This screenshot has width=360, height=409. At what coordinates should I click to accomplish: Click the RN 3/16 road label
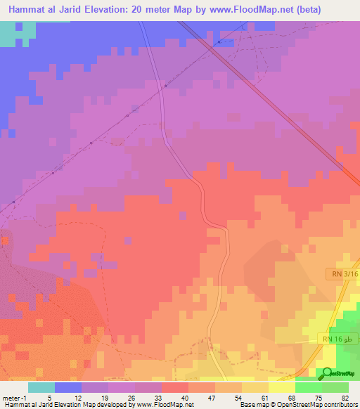click(342, 273)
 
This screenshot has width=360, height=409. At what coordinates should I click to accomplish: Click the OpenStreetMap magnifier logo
click(326, 374)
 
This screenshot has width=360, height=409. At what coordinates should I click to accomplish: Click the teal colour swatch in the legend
click(41, 387)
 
